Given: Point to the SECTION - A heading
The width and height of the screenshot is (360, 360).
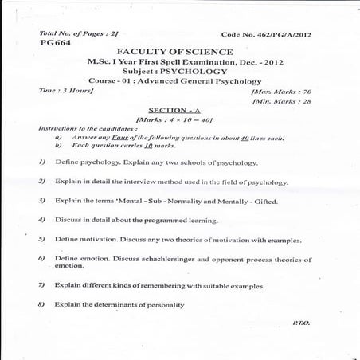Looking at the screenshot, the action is coord(179,110).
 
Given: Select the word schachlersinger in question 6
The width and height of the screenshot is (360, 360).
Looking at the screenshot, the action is coord(166,259).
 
